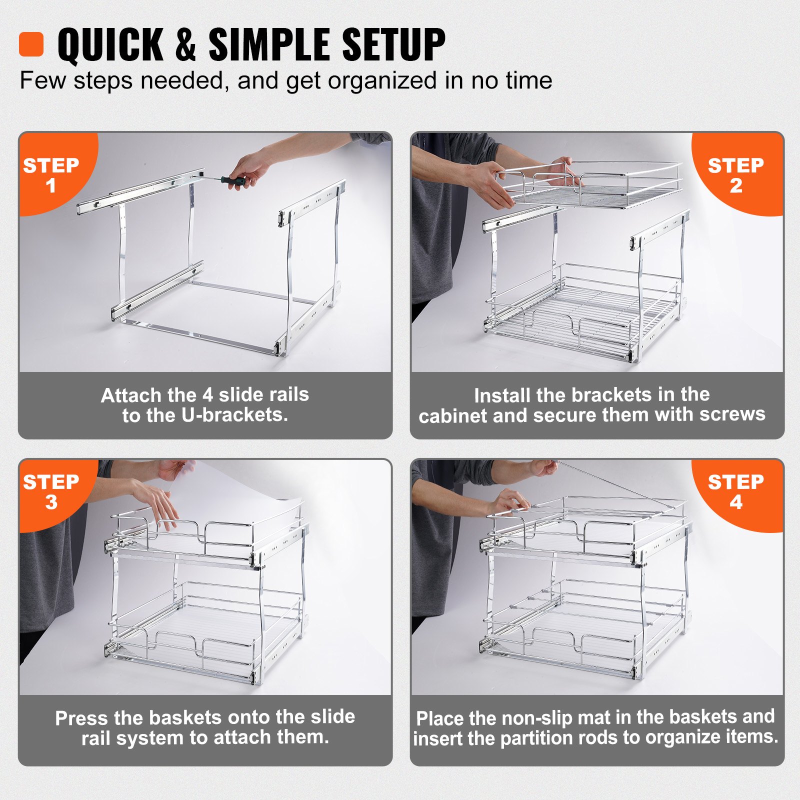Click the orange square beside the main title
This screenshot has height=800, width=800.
pos(31,44)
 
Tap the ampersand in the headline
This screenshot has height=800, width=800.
pos(185,44)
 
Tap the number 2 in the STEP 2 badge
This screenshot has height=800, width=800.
pos(735,186)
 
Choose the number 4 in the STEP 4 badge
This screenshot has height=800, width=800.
pos(735,502)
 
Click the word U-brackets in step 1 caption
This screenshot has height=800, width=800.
pos(234,415)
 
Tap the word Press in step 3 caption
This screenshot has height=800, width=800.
pos(81,718)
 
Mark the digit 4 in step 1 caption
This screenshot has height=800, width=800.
pos(207,395)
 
